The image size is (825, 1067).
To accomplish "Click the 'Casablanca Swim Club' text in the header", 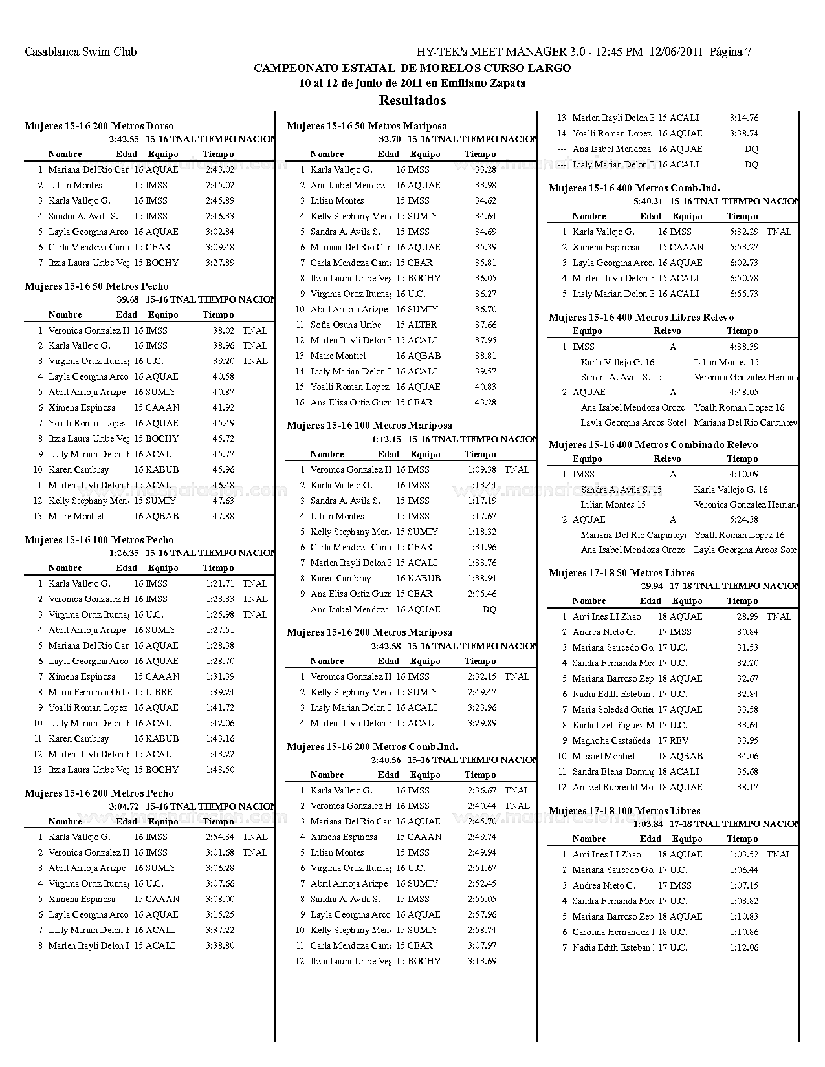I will click(80, 52).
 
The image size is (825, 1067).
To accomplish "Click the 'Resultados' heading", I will click(412, 100).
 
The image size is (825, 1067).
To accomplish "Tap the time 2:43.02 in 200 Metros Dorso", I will click(220, 169).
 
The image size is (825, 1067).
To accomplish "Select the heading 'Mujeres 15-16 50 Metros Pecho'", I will click(96, 286).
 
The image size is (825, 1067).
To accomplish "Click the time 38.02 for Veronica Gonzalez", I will click(223, 330).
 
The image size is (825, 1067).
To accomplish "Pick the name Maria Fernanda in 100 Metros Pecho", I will click(88, 692).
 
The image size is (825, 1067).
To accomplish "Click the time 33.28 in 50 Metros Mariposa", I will click(485, 169).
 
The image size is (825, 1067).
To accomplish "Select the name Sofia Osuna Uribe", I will click(346, 325).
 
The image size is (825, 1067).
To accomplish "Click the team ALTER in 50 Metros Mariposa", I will click(423, 325).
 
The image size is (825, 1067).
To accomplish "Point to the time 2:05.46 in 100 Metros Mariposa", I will click(482, 594).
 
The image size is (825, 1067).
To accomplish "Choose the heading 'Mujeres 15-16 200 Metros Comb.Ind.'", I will click(372, 746).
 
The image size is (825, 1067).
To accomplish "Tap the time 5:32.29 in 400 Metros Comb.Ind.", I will click(744, 232).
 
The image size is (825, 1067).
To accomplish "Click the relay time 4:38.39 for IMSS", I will click(744, 347).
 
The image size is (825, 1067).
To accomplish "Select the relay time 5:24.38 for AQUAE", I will click(744, 519).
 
